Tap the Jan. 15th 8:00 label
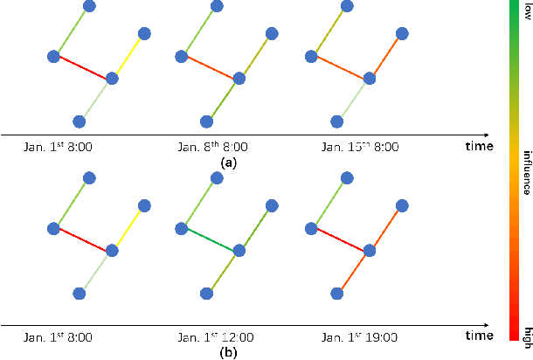pos(350,147)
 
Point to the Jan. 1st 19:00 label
pos(350,336)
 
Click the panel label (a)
pos(228,163)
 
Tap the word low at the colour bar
pos(527,10)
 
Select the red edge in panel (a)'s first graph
pos(82,67)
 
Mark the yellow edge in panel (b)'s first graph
pos(128,227)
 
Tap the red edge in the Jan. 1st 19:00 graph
pos(339,239)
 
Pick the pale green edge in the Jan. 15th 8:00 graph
pos(352,99)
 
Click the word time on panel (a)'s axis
pos(479,147)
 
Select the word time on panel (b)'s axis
pos(479,336)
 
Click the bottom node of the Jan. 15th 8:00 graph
pos(336,121)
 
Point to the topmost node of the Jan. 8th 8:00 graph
pos(218,7)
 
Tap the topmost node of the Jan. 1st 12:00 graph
pos(218,178)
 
